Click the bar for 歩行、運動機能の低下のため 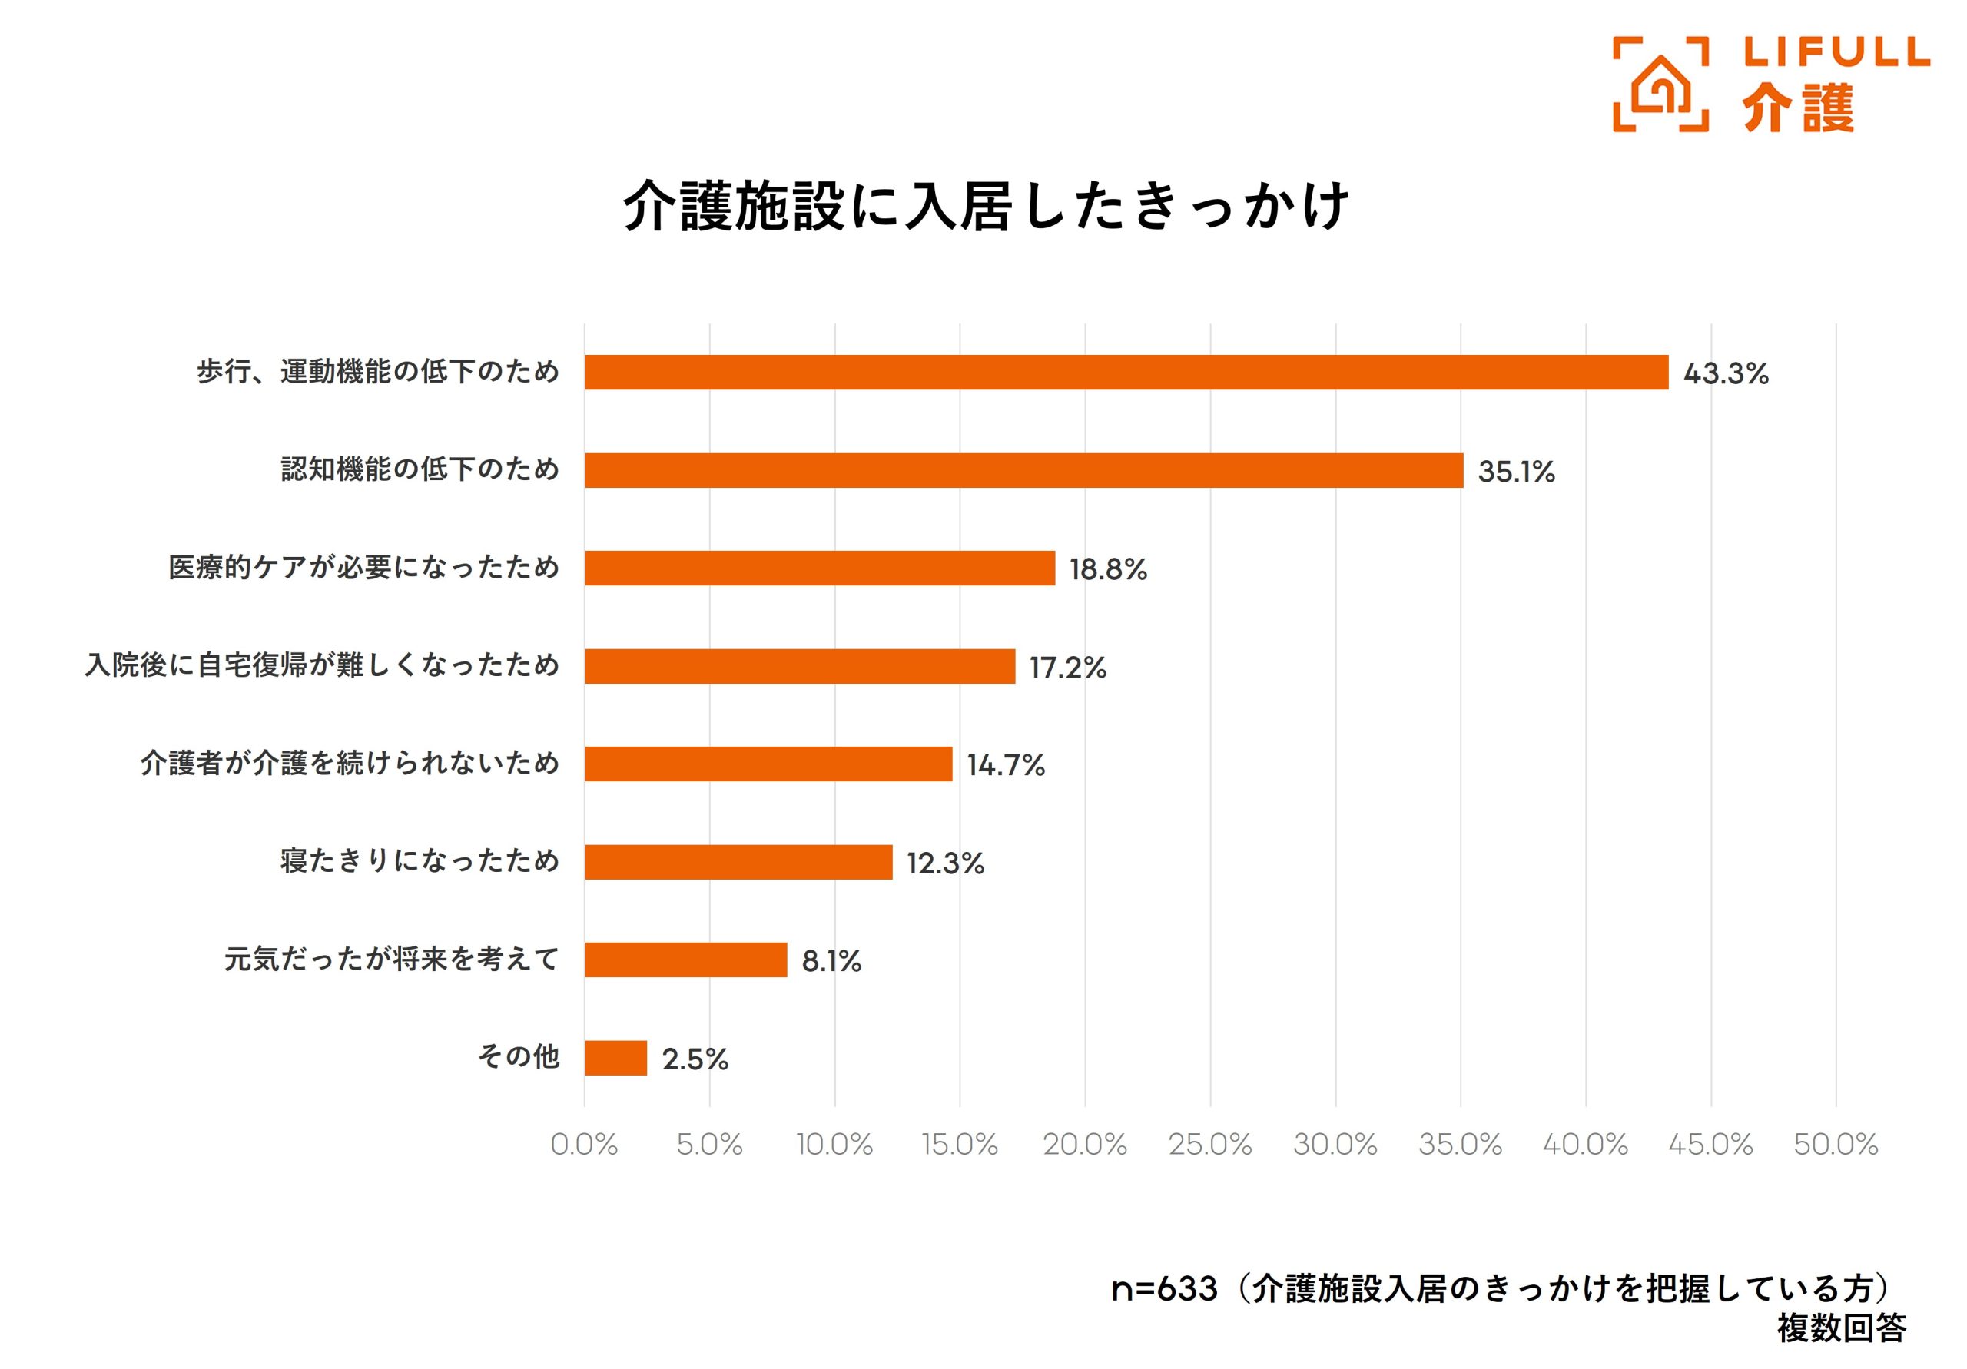click(x=1126, y=373)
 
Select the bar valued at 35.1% click(x=1023, y=470)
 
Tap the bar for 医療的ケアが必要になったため click(x=819, y=568)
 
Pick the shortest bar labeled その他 click(x=615, y=1058)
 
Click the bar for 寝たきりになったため click(x=738, y=862)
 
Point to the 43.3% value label click(x=1726, y=373)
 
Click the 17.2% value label click(x=1067, y=668)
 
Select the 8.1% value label click(x=831, y=961)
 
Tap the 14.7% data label click(x=1006, y=765)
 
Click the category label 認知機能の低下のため click(x=420, y=469)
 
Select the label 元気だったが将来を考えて click(x=392, y=959)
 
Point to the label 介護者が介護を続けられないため click(x=350, y=764)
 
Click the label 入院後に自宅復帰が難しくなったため click(x=322, y=665)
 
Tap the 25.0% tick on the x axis click(x=1209, y=1145)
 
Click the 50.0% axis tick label click(x=1835, y=1145)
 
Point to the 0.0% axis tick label click(x=583, y=1145)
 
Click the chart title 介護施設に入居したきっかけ click(x=985, y=207)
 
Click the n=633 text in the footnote click(x=1163, y=1288)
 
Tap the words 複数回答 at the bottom click(x=1841, y=1328)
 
